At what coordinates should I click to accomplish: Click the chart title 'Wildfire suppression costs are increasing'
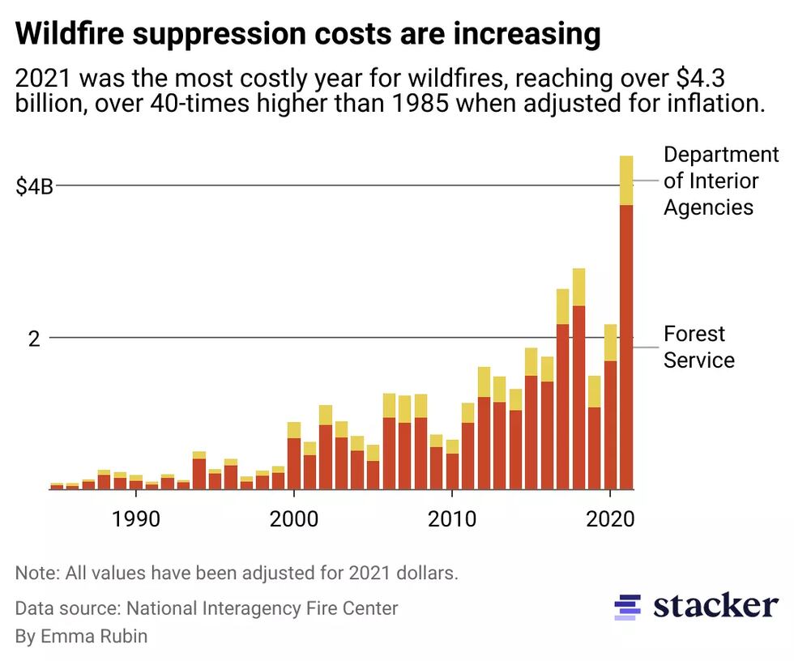pyautogui.click(x=308, y=34)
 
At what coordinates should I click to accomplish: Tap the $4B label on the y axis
pyautogui.click(x=35, y=186)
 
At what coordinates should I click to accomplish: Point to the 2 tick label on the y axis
pyautogui.click(x=34, y=339)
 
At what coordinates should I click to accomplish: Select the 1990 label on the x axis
pyautogui.click(x=135, y=518)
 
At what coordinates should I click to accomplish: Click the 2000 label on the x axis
pyautogui.click(x=293, y=518)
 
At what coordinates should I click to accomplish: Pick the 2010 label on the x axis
pyautogui.click(x=451, y=518)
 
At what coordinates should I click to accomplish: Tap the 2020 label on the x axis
pyautogui.click(x=609, y=518)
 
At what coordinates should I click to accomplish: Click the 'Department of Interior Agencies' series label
pyautogui.click(x=719, y=181)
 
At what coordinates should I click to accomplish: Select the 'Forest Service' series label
pyautogui.click(x=698, y=347)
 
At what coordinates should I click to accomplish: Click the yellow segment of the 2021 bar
pyautogui.click(x=625, y=180)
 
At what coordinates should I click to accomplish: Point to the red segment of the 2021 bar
pyautogui.click(x=625, y=348)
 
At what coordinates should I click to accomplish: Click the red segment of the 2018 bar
pyautogui.click(x=578, y=397)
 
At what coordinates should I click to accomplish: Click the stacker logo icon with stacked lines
pyautogui.click(x=627, y=607)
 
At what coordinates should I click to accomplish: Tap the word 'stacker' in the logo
pyautogui.click(x=715, y=606)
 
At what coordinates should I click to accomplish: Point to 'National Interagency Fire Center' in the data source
pyautogui.click(x=262, y=608)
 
